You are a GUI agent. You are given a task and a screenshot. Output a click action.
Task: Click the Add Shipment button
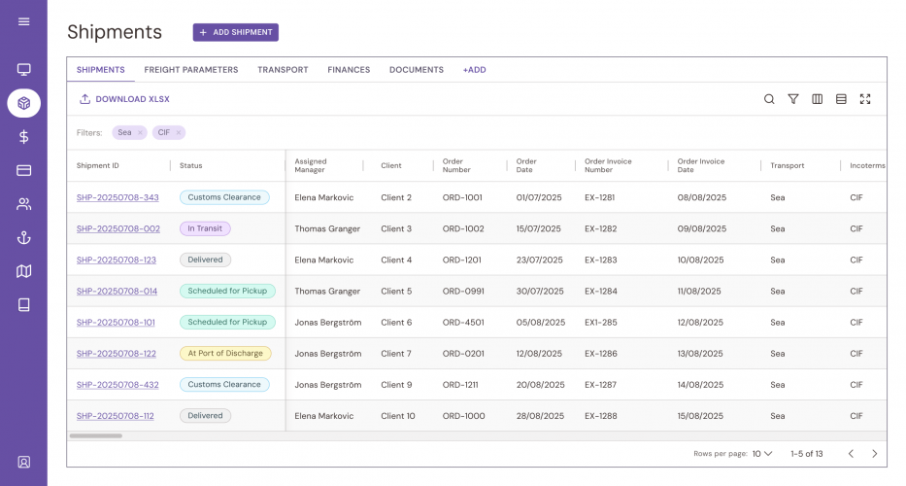[235, 32]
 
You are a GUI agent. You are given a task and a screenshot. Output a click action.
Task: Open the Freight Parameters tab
[190, 70]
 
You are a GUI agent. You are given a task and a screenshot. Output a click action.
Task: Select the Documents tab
[416, 70]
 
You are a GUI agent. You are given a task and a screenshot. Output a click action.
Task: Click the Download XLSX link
[124, 99]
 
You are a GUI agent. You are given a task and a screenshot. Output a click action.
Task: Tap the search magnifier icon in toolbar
[769, 99]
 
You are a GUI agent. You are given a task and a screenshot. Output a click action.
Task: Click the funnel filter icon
[793, 99]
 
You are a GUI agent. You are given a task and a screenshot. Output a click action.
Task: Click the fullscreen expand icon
[865, 99]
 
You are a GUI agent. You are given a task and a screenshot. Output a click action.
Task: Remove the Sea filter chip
[140, 133]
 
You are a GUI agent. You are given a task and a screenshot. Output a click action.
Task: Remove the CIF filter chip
[178, 133]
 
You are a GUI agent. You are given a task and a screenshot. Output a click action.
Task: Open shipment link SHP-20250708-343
[117, 197]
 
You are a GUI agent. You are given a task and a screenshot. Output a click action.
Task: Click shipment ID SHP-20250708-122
[116, 354]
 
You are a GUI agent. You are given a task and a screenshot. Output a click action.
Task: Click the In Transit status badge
[205, 228]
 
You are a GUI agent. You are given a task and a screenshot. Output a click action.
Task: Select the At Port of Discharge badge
[225, 354]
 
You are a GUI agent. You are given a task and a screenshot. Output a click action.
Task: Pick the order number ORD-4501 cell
[462, 322]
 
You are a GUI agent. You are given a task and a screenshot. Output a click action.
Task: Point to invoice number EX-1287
[600, 385]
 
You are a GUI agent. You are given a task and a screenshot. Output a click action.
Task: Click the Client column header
[391, 166]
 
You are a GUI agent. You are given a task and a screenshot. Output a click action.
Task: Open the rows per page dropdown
[762, 454]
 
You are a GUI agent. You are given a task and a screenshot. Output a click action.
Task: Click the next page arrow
[874, 454]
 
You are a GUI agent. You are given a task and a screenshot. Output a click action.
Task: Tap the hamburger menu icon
[23, 21]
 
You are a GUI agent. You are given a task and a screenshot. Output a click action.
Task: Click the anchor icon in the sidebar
[23, 238]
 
